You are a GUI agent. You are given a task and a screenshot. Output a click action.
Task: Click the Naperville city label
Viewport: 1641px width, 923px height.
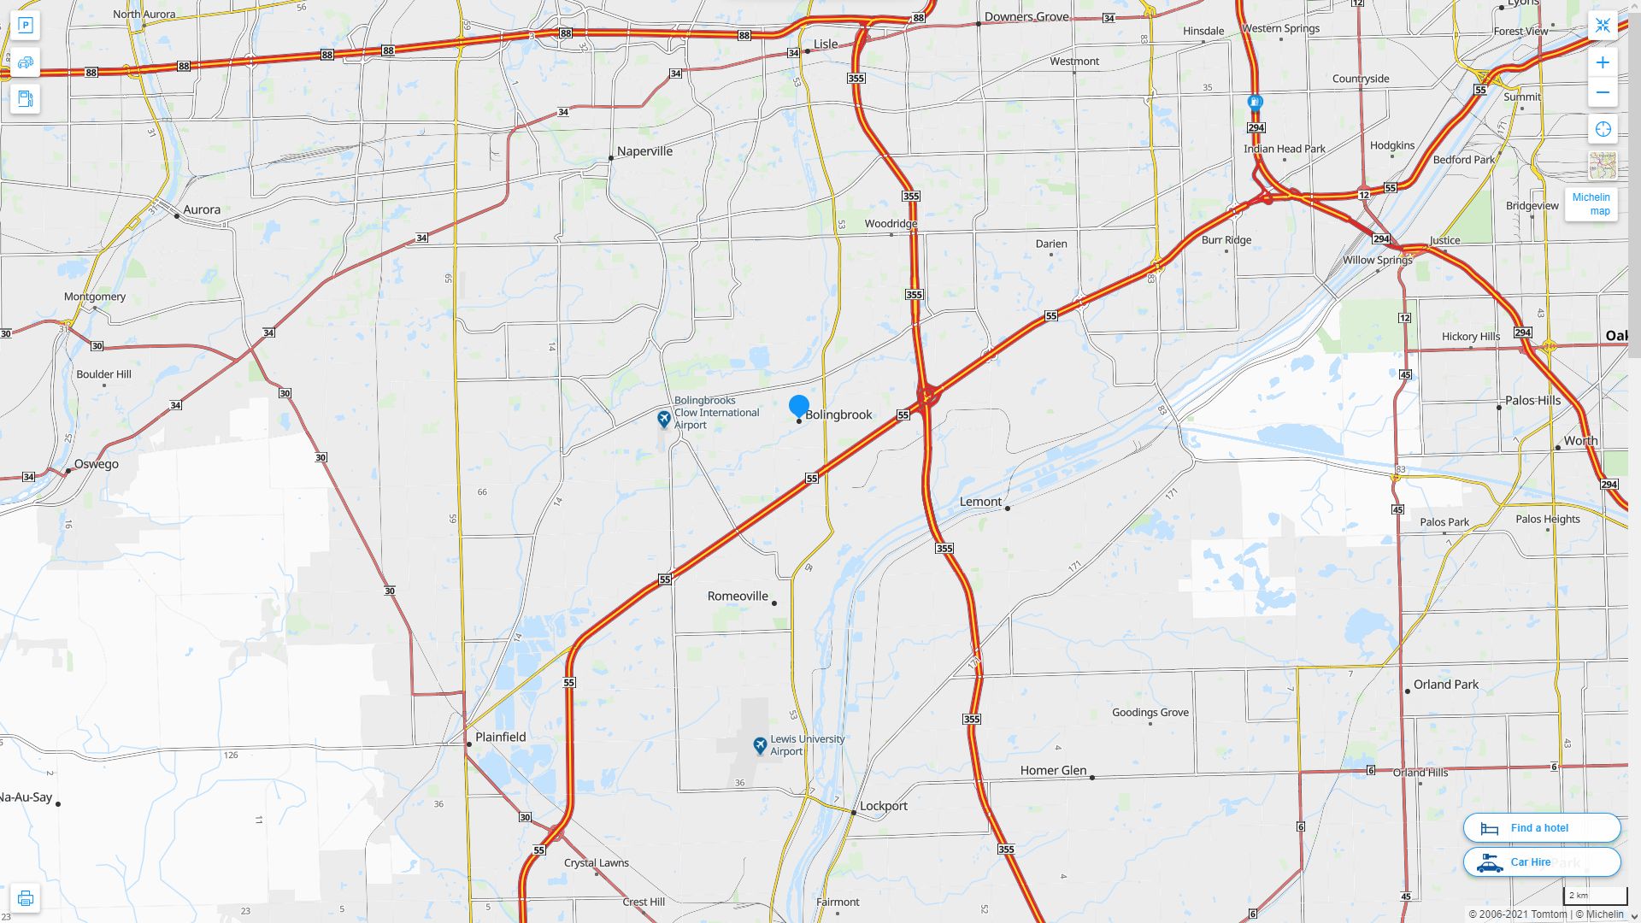644,151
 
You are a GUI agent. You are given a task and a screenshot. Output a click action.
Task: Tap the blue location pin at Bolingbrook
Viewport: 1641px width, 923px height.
799,406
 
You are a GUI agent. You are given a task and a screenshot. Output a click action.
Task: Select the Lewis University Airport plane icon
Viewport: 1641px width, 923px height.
760,745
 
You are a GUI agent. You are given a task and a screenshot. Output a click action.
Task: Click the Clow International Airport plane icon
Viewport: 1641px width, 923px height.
664,419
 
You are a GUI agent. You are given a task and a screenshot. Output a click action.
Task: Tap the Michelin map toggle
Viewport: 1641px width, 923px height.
1591,204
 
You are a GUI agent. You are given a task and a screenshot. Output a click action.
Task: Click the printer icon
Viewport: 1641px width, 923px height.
25,898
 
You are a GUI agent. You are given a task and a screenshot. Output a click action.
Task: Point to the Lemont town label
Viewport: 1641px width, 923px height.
980,502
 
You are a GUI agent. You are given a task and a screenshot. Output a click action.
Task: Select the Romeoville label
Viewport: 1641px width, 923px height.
738,596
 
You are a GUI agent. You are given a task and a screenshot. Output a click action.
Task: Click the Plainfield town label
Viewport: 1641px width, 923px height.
500,737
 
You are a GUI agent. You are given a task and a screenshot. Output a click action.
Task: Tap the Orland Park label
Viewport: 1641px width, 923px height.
1445,685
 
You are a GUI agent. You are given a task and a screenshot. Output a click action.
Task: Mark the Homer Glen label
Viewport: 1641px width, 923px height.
1053,770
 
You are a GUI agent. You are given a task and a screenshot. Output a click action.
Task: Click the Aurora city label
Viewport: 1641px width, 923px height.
202,209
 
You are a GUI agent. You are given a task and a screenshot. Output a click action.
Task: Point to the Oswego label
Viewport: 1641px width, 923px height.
96,464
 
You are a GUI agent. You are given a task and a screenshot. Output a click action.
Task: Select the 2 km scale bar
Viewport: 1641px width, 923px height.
1595,897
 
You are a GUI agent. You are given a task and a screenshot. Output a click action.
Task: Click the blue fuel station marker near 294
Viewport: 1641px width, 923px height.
1255,103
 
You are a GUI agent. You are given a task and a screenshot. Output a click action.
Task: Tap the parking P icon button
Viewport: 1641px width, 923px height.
25,26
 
